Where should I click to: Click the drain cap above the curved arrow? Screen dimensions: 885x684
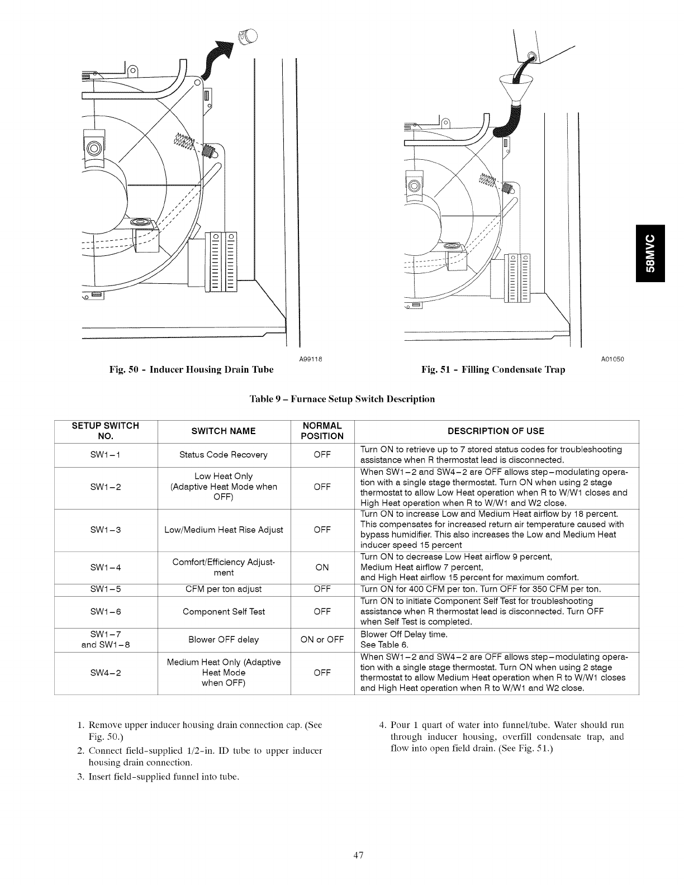coord(248,36)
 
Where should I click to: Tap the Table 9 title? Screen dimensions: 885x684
coord(341,399)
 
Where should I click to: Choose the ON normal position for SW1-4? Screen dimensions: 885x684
coord(322,568)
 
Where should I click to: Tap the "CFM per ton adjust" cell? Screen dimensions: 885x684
coord(224,589)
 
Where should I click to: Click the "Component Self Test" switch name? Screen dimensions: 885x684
coord(224,612)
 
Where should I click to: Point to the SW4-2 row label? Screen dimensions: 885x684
coord(106,673)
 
